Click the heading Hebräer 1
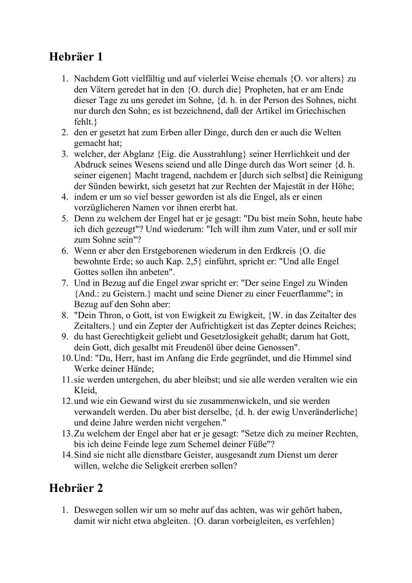(x=76, y=57)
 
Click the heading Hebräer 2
(x=76, y=488)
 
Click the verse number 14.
(x=67, y=455)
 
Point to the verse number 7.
(x=65, y=283)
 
